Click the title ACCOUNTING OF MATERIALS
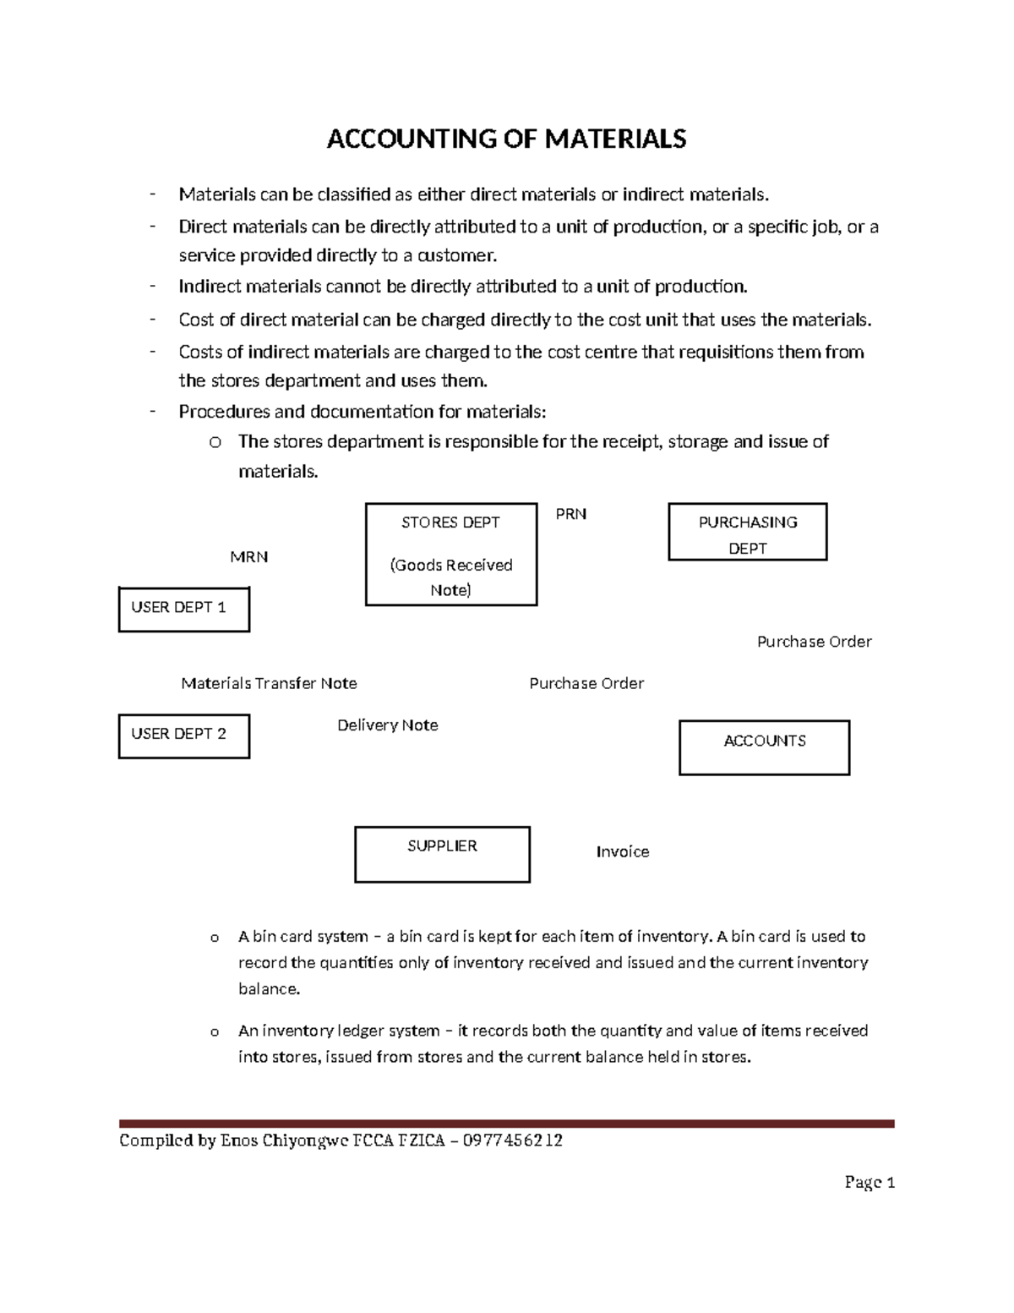tap(506, 139)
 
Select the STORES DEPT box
tap(450, 554)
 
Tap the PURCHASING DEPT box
tap(747, 532)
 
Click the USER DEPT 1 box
tap(183, 609)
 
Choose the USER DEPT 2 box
tap(183, 736)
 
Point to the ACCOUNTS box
tap(764, 747)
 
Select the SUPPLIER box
tap(442, 854)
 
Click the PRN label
tap(570, 514)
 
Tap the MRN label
tap(248, 557)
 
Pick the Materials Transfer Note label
tap(269, 683)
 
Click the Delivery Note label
tap(387, 725)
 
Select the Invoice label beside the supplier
tap(622, 852)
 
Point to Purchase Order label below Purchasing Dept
tap(814, 642)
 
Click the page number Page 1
tap(869, 1182)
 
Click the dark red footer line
tap(506, 1124)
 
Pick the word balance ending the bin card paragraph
tap(268, 989)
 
